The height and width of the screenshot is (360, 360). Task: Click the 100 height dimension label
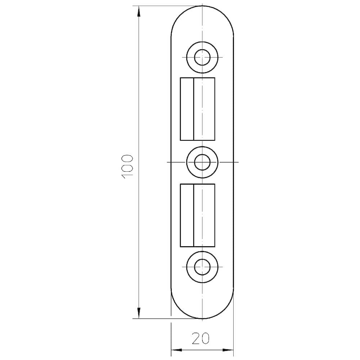(x=127, y=166)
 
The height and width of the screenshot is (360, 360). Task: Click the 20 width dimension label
(x=201, y=339)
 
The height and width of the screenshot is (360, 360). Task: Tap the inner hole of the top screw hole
(x=202, y=57)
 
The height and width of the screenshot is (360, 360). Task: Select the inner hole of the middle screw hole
(x=202, y=162)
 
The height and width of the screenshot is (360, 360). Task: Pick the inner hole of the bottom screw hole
(x=202, y=267)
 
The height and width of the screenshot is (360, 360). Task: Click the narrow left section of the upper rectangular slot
(x=187, y=109)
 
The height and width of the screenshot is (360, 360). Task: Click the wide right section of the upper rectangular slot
(x=204, y=109)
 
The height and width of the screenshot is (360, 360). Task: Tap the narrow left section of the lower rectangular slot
(x=187, y=215)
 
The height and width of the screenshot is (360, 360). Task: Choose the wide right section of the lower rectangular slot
(x=204, y=215)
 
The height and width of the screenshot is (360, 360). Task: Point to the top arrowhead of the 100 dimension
(x=139, y=11)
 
